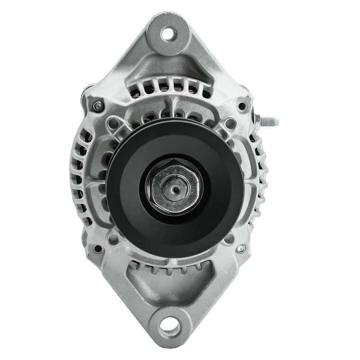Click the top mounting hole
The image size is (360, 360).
[x=168, y=33]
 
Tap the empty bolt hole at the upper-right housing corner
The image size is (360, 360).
[x=242, y=107]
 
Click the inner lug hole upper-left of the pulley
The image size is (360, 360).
[x=113, y=123]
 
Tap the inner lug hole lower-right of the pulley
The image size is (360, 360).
[x=229, y=238]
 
